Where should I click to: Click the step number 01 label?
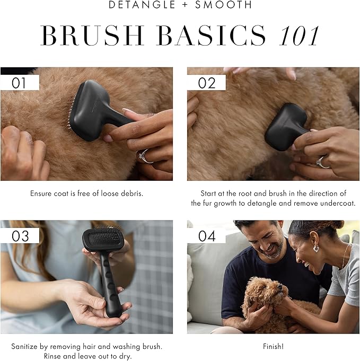tap(20, 83)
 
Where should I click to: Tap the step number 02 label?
tap(207, 83)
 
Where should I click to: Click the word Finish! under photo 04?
tap(273, 346)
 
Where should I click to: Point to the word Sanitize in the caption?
tap(25, 346)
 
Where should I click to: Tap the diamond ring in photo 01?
tap(143, 154)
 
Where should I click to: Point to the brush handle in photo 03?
tap(110, 286)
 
